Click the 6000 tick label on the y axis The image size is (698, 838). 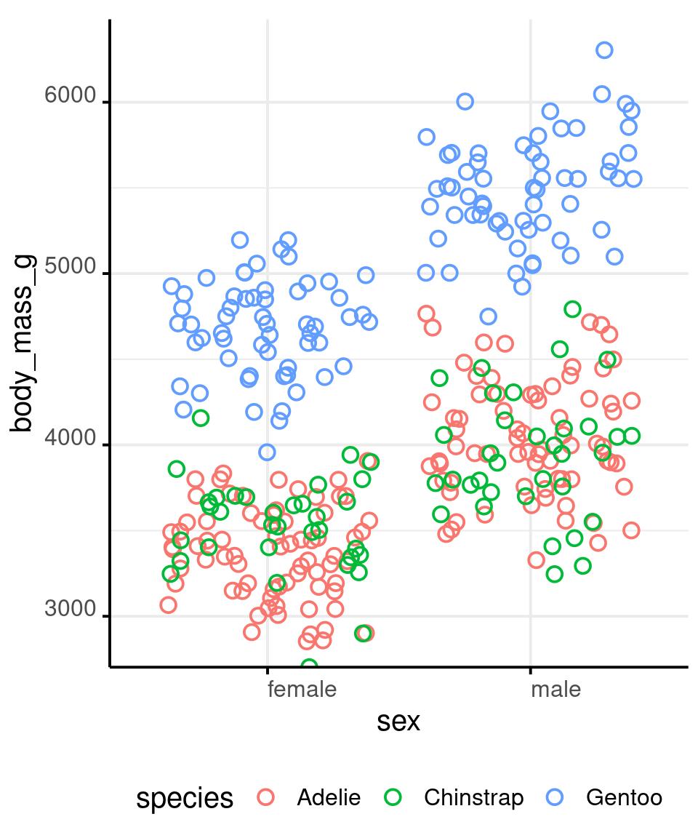[x=70, y=96]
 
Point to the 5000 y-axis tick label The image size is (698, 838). [x=70, y=267]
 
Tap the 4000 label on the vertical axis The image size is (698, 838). [x=70, y=439]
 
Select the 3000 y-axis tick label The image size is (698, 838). [x=70, y=610]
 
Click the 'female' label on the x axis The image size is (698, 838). [x=302, y=689]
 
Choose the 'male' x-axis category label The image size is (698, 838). [x=556, y=689]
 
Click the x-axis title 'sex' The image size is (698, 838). [x=398, y=722]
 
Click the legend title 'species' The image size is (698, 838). [x=185, y=798]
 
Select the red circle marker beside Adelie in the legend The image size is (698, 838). [x=266, y=797]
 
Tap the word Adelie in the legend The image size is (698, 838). [x=329, y=798]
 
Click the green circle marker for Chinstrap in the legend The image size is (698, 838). [x=393, y=797]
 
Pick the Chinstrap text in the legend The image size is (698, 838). [x=473, y=798]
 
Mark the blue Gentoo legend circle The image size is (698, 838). [x=555, y=797]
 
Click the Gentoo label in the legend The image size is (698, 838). [x=624, y=798]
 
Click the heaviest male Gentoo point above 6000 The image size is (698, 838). [x=604, y=50]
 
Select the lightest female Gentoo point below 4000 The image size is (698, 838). [x=267, y=452]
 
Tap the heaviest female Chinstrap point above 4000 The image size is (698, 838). [x=201, y=418]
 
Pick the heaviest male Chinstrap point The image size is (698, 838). [x=572, y=309]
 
